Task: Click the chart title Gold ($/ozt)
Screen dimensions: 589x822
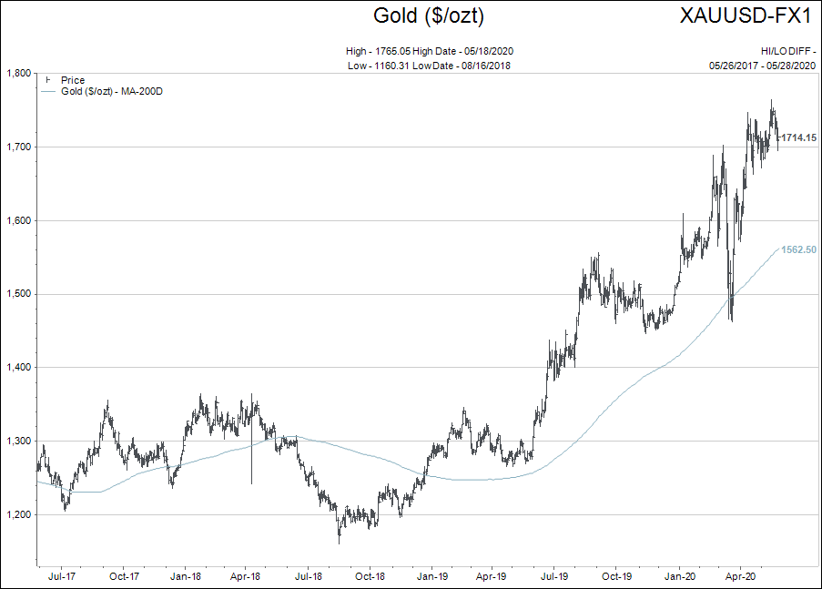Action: pyautogui.click(x=429, y=15)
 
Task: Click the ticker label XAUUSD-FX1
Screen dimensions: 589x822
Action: pyautogui.click(x=746, y=15)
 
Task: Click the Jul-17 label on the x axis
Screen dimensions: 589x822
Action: pyautogui.click(x=61, y=576)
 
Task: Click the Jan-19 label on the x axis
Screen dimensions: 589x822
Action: pyautogui.click(x=432, y=576)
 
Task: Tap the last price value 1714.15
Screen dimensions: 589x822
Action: pyautogui.click(x=798, y=137)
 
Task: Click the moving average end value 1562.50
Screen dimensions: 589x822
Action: pyautogui.click(x=798, y=249)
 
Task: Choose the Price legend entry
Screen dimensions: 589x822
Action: pyautogui.click(x=73, y=80)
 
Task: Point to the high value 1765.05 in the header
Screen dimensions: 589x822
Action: pyautogui.click(x=392, y=51)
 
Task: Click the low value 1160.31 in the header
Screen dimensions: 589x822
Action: pyautogui.click(x=391, y=66)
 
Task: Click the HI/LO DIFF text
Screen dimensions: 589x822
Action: pyautogui.click(x=786, y=51)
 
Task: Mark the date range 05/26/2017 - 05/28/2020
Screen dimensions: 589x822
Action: pyautogui.click(x=763, y=66)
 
